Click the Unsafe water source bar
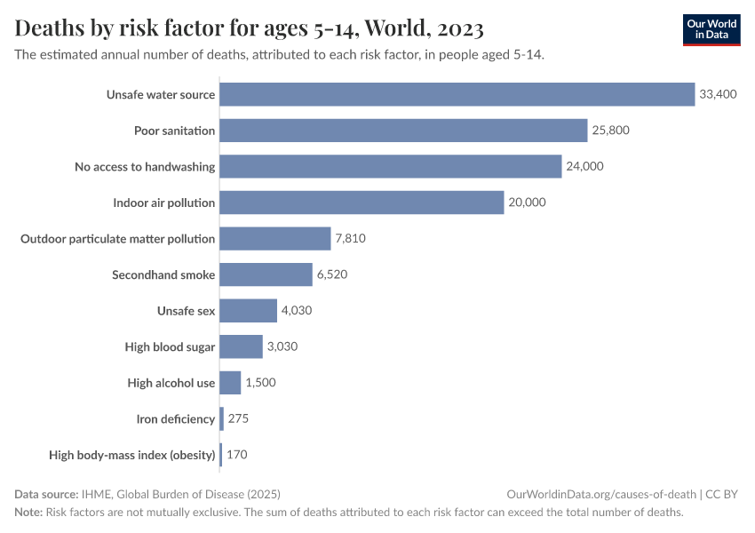457,94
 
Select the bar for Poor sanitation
403,131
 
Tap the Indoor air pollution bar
362,203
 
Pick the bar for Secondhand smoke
266,274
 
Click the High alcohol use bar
230,383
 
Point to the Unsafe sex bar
248,311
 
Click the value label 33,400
718,94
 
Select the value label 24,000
584,166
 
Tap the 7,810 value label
350,239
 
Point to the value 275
238,418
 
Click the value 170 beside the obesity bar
236,455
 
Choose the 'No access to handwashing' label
145,166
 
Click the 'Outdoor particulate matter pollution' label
118,239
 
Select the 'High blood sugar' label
170,346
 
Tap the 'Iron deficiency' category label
175,418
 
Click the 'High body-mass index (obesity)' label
132,455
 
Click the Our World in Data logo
711,29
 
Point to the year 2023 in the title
460,28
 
